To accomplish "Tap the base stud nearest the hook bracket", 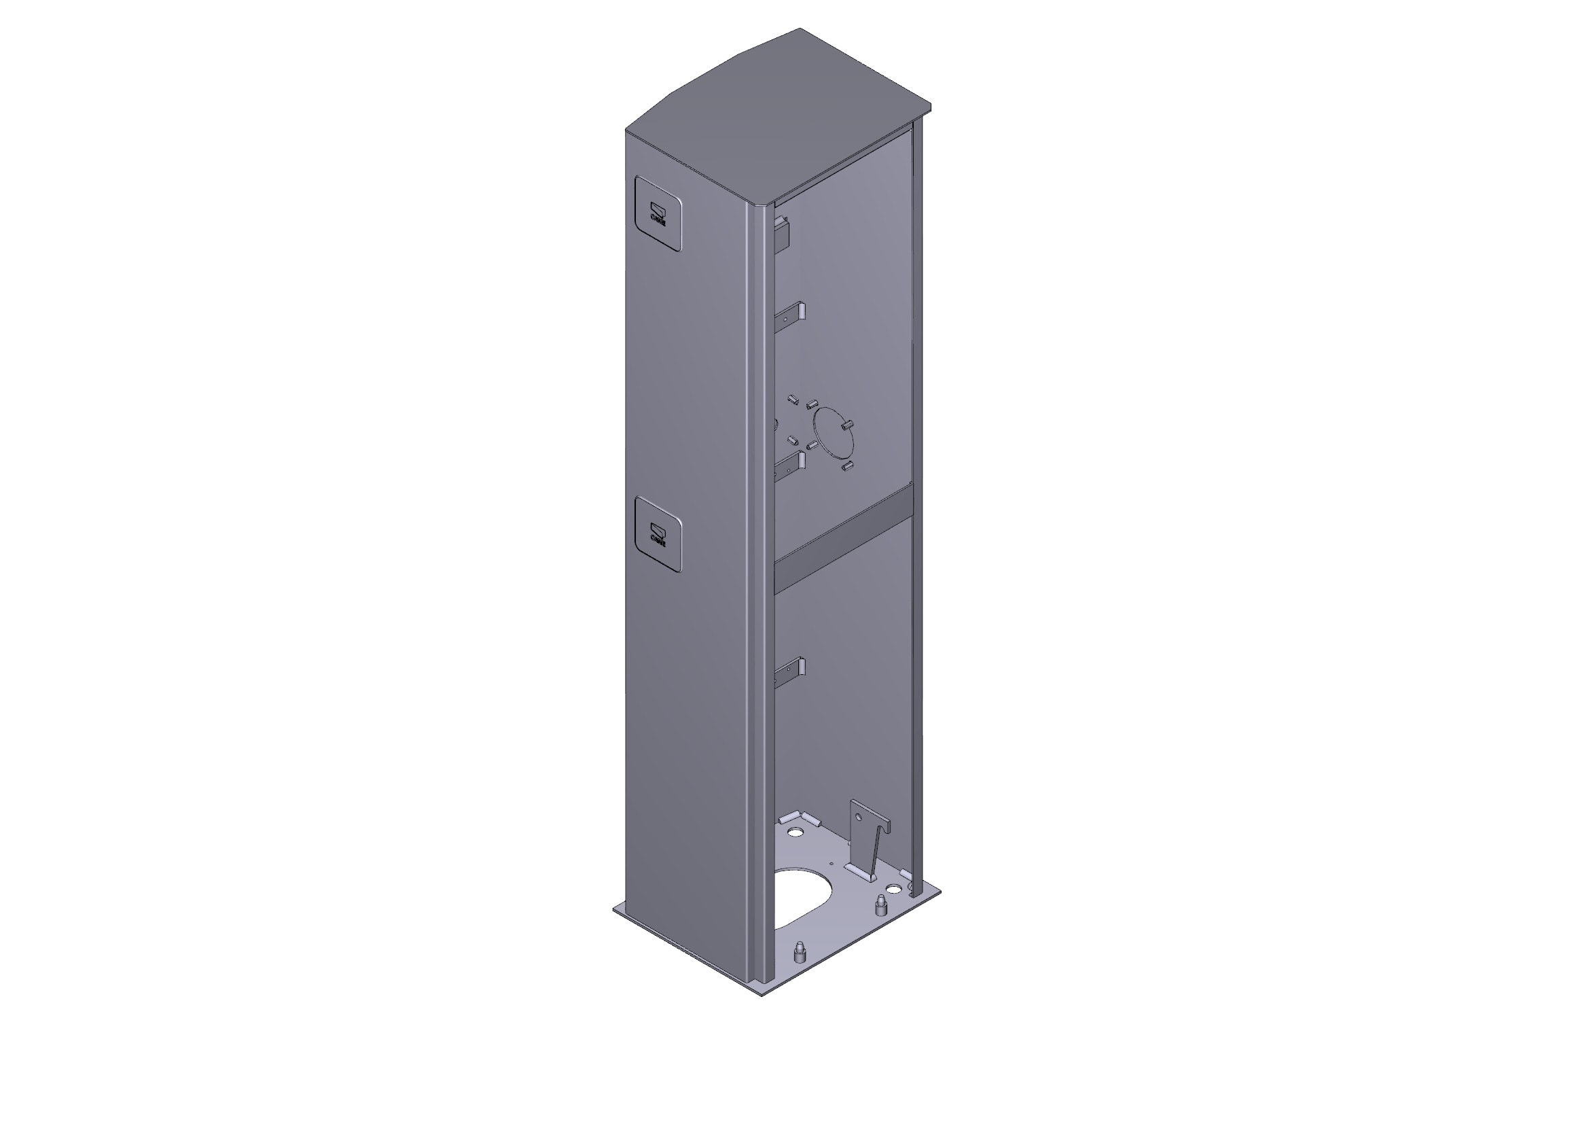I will [880, 904].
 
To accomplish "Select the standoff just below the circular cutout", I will [846, 466].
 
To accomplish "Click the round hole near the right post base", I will [893, 888].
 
